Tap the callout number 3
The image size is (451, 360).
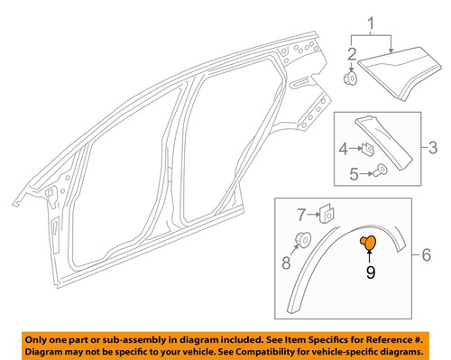(431, 145)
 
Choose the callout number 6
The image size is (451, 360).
(438, 256)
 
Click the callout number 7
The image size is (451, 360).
(301, 213)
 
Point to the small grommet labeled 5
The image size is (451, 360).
(382, 171)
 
